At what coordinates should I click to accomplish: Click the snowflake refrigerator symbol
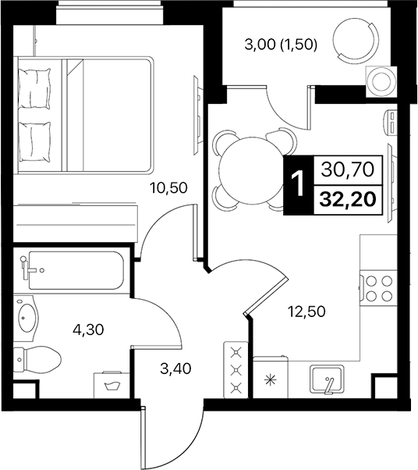pos(271,381)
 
